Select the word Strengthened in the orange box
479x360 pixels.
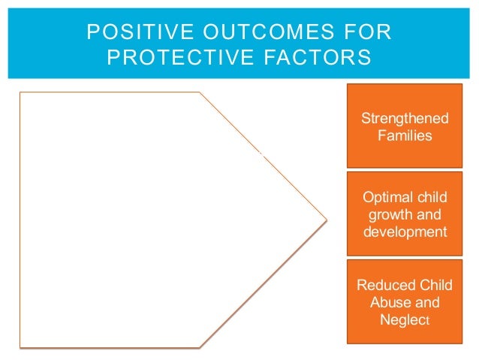(x=404, y=119)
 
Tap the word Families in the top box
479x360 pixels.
(x=404, y=136)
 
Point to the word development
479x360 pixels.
(x=404, y=231)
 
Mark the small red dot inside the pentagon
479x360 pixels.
(x=261, y=153)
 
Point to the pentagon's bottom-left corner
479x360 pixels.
(x=20, y=347)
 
